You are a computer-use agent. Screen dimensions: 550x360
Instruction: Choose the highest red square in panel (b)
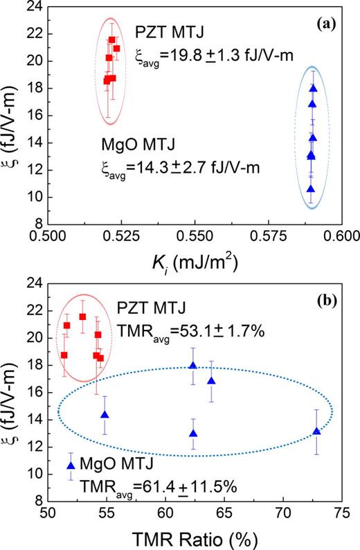pos(82,317)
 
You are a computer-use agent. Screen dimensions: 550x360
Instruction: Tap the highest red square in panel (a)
pos(112,40)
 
